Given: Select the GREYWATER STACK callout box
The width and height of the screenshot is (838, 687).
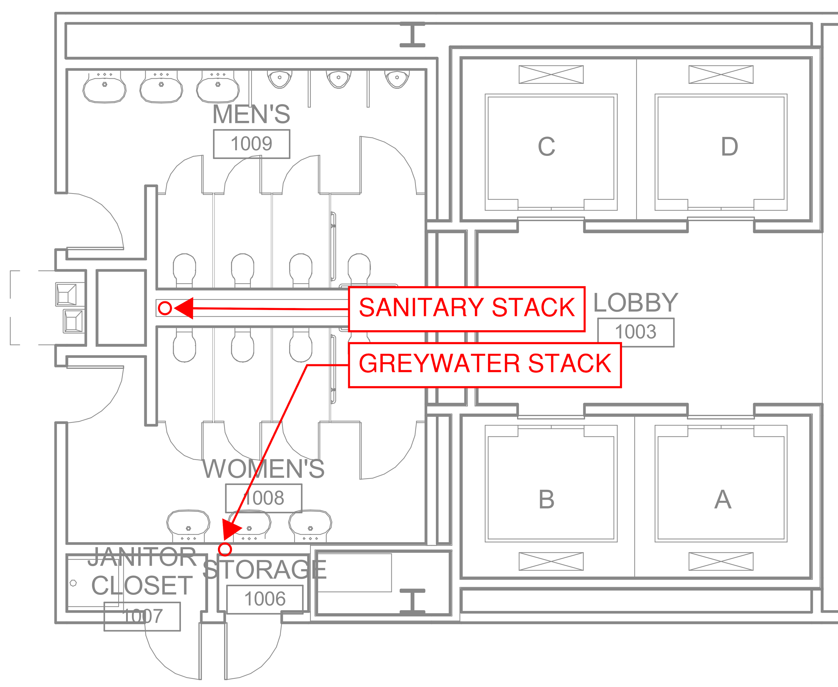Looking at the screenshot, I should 485,365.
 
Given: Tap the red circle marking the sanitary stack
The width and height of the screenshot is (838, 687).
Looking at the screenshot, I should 165,308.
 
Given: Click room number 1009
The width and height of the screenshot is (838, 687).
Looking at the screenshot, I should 251,144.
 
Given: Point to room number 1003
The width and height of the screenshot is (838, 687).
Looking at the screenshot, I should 636,332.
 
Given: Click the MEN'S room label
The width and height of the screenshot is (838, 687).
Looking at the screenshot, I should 251,114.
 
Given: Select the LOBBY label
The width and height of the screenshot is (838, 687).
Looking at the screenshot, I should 636,303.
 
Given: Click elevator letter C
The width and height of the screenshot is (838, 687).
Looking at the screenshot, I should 546,147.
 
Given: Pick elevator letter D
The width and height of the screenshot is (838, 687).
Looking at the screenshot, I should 729,147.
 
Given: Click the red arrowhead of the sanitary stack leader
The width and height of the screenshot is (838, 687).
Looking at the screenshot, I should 185,308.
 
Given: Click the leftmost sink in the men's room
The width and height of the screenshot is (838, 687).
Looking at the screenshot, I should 104,89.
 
